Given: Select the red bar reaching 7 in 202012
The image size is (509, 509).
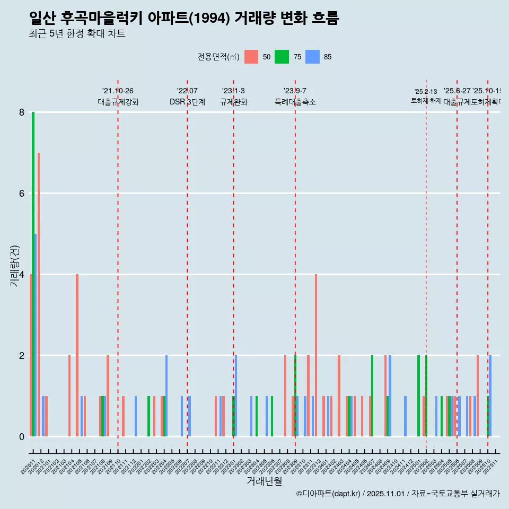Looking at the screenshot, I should tap(39, 294).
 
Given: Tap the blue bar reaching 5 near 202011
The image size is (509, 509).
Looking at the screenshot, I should tap(36, 335).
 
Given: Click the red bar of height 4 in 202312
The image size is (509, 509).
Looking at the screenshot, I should tap(316, 355).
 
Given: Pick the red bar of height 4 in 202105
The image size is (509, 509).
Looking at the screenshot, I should tap(77, 355).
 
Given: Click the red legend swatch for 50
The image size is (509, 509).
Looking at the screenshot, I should tap(251, 57).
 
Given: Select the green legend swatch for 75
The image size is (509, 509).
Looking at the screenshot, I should tap(282, 57).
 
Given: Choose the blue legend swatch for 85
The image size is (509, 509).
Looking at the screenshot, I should tap(312, 57).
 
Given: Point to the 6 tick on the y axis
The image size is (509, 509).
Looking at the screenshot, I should tap(22, 194).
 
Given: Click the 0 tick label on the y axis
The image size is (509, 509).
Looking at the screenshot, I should tap(22, 436).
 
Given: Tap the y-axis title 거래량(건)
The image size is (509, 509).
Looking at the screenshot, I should tap(14, 266).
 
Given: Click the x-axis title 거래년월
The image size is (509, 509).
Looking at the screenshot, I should tap(264, 481).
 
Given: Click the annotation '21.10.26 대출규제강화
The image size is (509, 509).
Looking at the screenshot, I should tap(118, 96).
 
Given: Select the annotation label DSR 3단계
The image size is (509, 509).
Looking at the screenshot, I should tap(187, 102).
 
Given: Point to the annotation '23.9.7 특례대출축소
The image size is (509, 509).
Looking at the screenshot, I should tap(295, 96).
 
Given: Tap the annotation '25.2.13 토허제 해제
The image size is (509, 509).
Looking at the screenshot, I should tap(426, 96).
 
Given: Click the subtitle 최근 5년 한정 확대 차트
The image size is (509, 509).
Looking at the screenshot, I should tap(77, 34).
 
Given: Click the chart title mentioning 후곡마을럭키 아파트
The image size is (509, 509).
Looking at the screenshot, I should tap(184, 18).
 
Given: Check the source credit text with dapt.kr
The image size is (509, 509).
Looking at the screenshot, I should tap(398, 494).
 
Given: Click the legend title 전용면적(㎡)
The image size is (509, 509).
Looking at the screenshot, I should tap(218, 57).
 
